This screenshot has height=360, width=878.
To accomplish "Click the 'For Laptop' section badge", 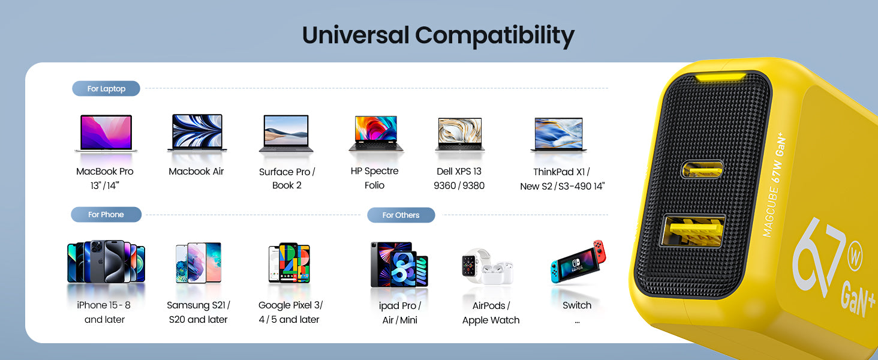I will (x=106, y=89).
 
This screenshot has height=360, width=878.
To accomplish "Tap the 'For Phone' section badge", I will (x=106, y=215).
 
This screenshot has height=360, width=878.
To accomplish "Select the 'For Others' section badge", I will (x=401, y=215).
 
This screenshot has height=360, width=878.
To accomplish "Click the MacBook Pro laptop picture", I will (x=105, y=133).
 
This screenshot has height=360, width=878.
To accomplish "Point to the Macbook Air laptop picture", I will (x=197, y=132).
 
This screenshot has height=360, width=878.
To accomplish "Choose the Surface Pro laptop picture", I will (x=286, y=133).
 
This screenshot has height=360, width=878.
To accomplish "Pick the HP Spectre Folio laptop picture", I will (x=376, y=133).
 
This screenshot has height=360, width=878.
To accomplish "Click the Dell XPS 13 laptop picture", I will (x=460, y=134).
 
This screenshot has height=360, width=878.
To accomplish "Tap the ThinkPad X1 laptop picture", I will (x=559, y=134).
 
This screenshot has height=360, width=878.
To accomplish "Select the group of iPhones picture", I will (x=106, y=262).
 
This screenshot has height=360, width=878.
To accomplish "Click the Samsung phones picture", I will (x=199, y=263).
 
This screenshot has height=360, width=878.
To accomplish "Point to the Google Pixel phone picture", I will (x=289, y=263).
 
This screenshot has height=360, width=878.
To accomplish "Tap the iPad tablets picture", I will (x=399, y=264).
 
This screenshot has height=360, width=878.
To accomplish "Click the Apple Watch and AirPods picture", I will (x=487, y=266).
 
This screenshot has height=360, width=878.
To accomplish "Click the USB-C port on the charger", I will (x=702, y=169).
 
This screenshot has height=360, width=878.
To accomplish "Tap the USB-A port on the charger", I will (x=693, y=230).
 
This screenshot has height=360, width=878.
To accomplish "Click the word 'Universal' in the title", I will (x=355, y=35).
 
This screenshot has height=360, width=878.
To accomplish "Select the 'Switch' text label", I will (x=577, y=305).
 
